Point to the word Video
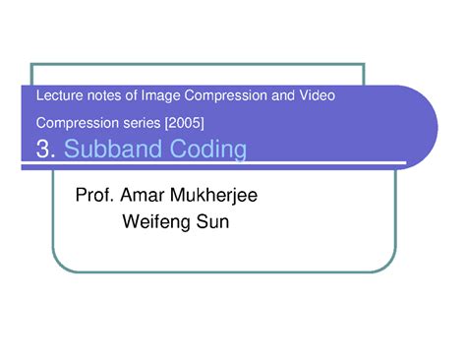(x=317, y=95)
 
